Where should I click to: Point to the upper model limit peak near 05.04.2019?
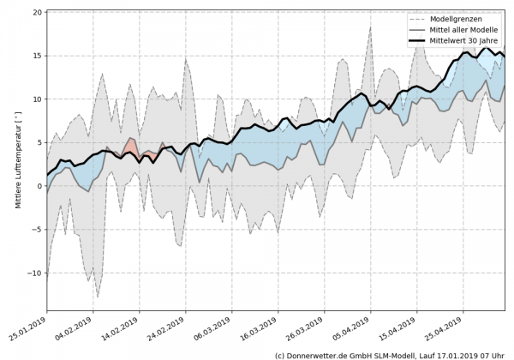click(370, 27)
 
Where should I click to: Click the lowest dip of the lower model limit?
click(98, 297)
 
